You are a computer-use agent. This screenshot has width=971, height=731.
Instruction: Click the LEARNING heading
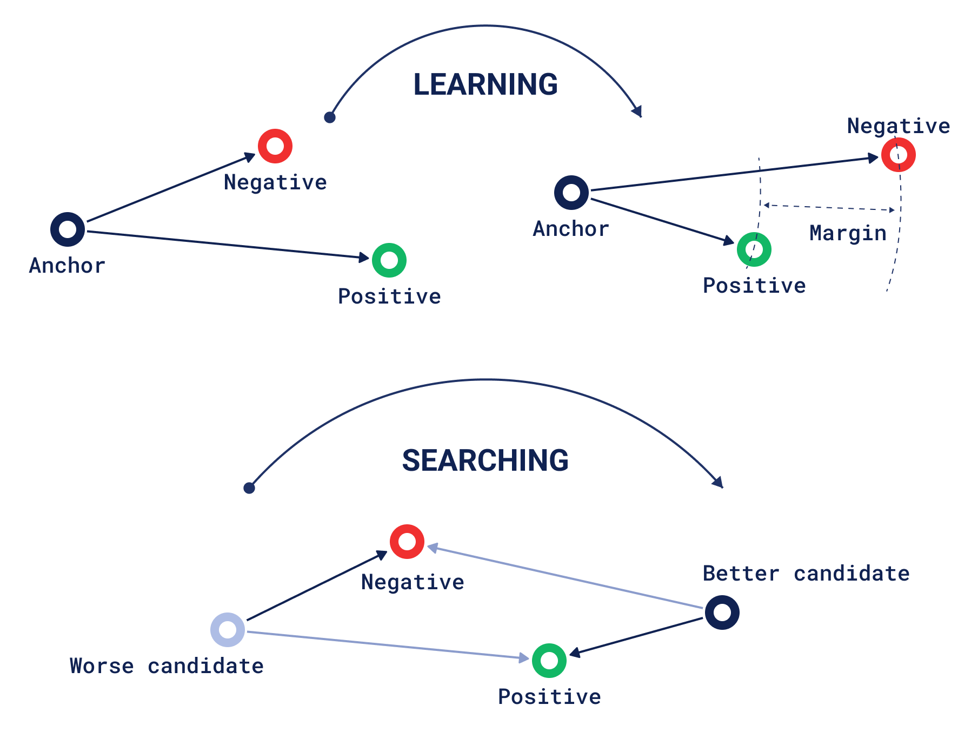[485, 85]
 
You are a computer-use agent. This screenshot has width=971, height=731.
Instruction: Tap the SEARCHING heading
[485, 461]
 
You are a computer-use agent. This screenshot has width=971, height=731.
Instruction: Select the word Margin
[848, 234]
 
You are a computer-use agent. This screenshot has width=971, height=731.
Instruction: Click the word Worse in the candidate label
[102, 666]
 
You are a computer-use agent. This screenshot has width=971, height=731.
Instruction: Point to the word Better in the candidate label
[741, 574]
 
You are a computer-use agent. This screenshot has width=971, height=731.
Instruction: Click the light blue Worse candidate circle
[228, 630]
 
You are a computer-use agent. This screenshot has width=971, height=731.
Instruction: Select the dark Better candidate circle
[722, 613]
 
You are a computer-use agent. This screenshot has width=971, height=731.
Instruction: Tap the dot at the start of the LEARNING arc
[330, 117]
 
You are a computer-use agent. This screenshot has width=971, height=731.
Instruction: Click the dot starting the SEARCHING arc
[249, 488]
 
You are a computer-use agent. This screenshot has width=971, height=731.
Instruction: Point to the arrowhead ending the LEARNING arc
[638, 111]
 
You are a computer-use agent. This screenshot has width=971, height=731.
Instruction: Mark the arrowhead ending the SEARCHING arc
[719, 482]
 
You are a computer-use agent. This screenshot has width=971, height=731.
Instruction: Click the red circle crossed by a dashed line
[898, 155]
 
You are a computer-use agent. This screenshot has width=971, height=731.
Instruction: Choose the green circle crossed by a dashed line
[754, 249]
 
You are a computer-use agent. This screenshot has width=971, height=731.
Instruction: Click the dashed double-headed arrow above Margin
[829, 207]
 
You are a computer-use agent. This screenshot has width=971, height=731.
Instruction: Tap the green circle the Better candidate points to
[549, 661]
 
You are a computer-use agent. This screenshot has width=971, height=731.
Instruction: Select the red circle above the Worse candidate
[407, 542]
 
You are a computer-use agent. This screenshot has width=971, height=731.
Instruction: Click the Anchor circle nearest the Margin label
[571, 193]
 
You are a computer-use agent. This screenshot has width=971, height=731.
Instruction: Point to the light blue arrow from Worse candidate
[387, 645]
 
